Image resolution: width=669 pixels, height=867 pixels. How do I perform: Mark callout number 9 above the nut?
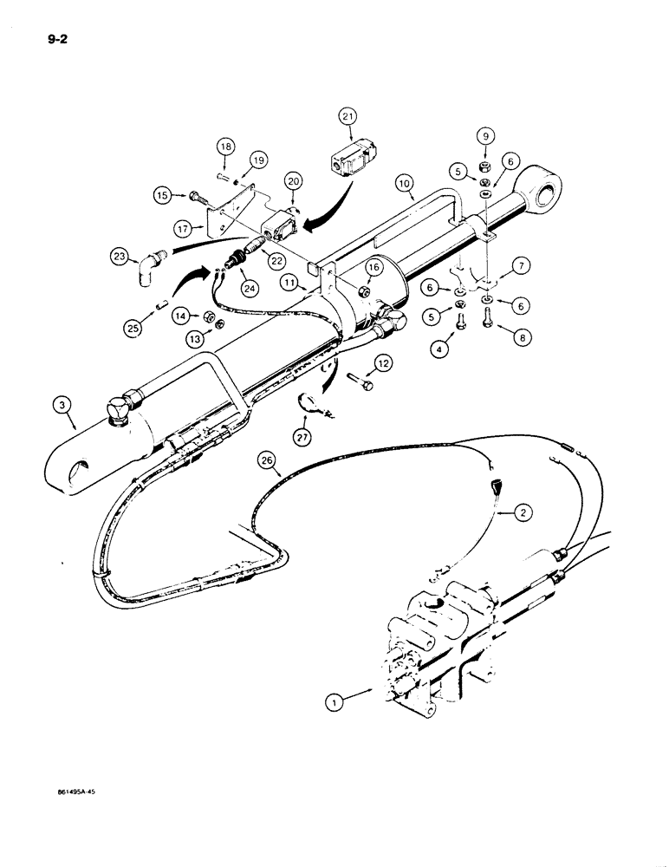click(485, 137)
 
